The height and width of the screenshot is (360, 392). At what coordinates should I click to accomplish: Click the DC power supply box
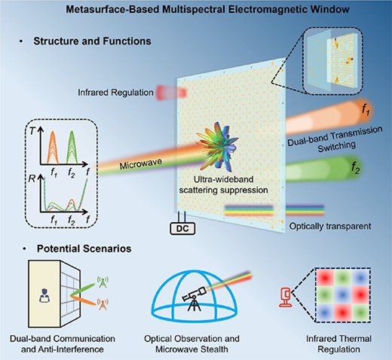click(182, 228)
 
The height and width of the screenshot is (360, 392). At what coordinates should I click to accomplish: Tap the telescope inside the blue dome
click(194, 298)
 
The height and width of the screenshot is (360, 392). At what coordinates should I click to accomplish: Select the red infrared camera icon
click(286, 297)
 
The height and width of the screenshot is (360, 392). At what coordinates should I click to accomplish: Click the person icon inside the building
click(44, 295)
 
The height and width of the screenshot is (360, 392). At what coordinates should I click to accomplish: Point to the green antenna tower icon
click(103, 282)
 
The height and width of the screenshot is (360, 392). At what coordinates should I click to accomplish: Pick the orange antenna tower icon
click(103, 304)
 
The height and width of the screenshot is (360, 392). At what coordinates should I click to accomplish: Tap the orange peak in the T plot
click(53, 148)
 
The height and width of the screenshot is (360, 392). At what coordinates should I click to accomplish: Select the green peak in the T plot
click(72, 148)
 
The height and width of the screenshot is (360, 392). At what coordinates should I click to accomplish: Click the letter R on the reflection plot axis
click(32, 178)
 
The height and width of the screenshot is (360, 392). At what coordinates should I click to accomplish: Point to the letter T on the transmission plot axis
click(32, 131)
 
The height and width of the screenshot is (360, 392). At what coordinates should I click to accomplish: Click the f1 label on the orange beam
click(366, 109)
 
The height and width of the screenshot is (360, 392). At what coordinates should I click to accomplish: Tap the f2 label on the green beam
click(356, 167)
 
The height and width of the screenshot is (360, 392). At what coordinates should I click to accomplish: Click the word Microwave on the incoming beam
click(141, 163)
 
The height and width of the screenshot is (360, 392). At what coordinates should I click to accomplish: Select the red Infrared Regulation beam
click(172, 93)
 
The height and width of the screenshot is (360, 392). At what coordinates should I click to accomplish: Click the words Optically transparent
click(330, 226)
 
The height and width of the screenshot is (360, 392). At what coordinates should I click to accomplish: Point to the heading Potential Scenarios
click(84, 249)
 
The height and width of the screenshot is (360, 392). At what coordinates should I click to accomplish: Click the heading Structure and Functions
click(92, 41)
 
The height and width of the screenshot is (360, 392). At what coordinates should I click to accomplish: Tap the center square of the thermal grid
click(343, 295)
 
